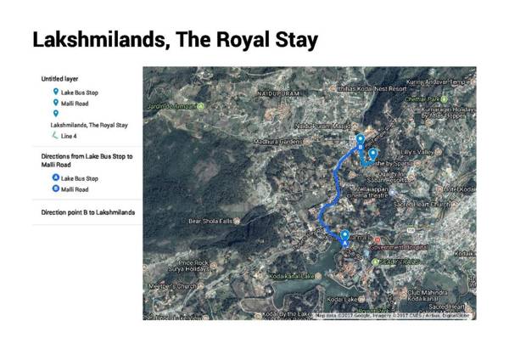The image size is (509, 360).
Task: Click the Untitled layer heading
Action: pyautogui.click(x=60, y=78)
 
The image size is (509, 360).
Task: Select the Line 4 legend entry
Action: pyautogui.click(x=69, y=135)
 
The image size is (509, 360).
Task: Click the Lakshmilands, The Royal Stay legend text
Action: pyautogui.click(x=89, y=124)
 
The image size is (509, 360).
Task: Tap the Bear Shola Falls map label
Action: pyautogui.click(x=210, y=221)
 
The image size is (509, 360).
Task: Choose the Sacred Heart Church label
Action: pyautogui.click(x=422, y=205)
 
